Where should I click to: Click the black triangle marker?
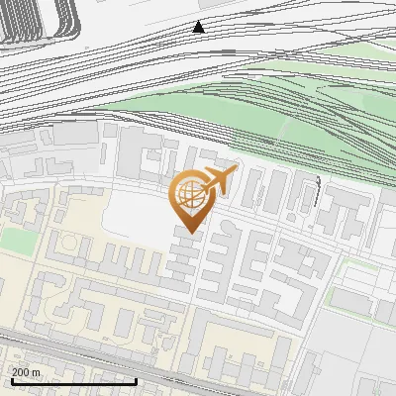coord(199,27)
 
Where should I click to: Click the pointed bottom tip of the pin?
coord(191,233)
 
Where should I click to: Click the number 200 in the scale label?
coord(22,372)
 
